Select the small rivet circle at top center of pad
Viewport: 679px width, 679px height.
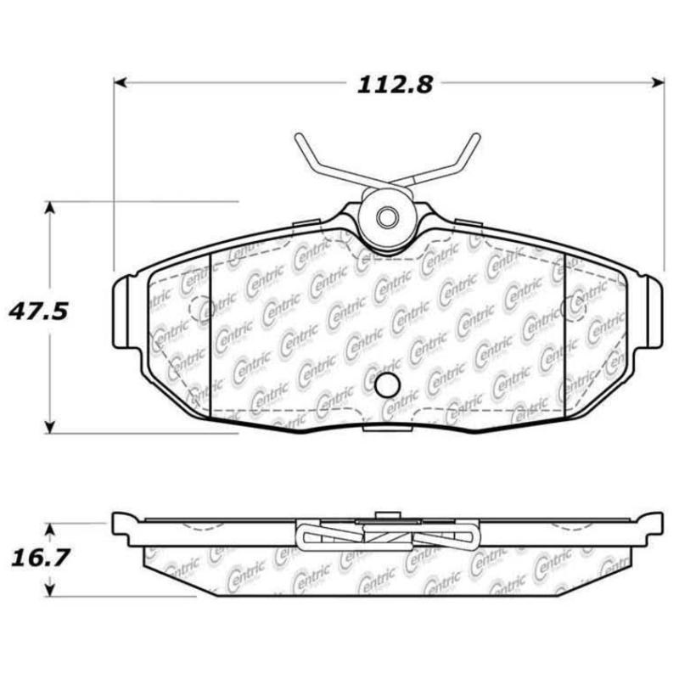(387, 216)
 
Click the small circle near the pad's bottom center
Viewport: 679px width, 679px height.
(388, 385)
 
